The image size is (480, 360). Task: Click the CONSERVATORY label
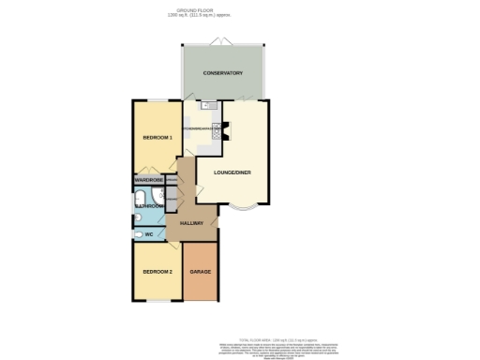coord(223,73)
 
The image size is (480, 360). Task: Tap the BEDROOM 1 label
coord(156,138)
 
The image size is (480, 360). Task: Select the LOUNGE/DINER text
coord(232,172)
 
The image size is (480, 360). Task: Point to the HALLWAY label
coord(191,222)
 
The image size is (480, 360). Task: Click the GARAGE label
coord(200,271)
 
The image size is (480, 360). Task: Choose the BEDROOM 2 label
coord(156,271)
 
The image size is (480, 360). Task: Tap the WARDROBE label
coord(149,179)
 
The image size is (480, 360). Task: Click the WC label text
coord(148,233)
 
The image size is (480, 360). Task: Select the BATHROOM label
coord(149,205)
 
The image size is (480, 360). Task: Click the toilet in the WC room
coord(139,233)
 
